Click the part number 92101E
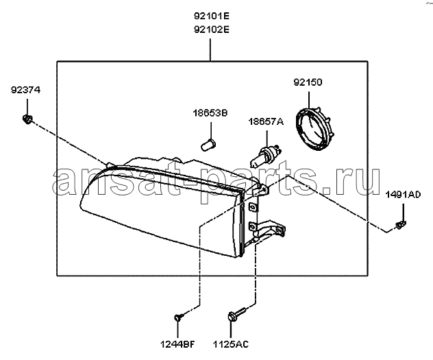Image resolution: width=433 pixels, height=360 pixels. coord(212,16)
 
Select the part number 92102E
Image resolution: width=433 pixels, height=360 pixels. coord(212,29)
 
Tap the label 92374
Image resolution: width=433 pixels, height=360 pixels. coord(25,90)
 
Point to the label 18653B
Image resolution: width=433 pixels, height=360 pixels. coord(210,113)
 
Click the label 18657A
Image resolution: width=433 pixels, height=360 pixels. coord(266,121)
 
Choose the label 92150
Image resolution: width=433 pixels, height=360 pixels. coord(308,82)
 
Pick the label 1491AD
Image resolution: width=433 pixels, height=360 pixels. coord(403,195)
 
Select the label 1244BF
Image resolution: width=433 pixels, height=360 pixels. coord(178,344)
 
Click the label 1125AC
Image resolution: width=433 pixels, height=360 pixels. coord(231,344)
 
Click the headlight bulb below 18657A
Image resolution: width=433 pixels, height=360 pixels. coord(266,157)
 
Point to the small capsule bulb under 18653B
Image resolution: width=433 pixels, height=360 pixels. coord(208,145)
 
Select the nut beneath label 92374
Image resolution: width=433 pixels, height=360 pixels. coord(27,119)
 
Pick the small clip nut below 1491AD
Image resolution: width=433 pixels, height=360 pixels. coord(401,225)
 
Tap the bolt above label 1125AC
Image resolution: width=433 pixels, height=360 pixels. coord(236,314)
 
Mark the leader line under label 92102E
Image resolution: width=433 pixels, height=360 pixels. coord(210,50)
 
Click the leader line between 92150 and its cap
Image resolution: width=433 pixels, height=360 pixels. coord(309,100)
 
